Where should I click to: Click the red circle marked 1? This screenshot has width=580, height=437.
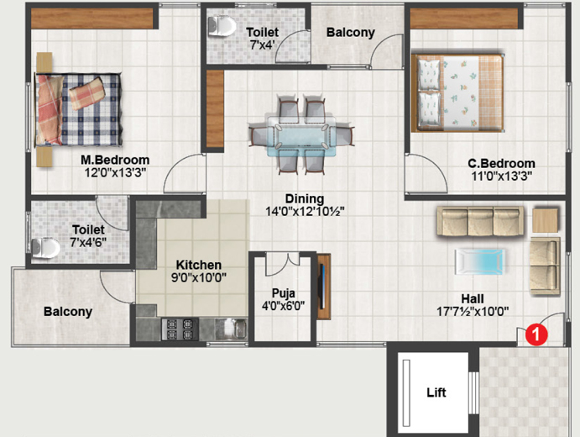pyautogui.click(x=536, y=334)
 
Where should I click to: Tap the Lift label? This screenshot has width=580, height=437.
pyautogui.click(x=436, y=392)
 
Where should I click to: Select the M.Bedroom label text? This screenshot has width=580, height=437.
pyautogui.click(x=115, y=160)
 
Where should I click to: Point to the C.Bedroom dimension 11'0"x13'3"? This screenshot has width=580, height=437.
pyautogui.click(x=502, y=176)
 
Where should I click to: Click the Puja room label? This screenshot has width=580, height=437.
pyautogui.click(x=284, y=293)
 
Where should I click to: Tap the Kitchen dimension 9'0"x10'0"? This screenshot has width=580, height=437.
pyautogui.click(x=199, y=277)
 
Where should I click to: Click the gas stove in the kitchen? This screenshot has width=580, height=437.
pyautogui.click(x=180, y=329)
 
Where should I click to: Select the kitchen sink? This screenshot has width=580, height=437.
pyautogui.click(x=236, y=329)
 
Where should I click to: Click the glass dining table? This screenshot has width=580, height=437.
pyautogui.click(x=301, y=136)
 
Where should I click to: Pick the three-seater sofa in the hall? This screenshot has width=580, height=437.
pyautogui.click(x=480, y=221)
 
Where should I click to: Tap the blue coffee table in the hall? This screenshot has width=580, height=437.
pyautogui.click(x=480, y=262)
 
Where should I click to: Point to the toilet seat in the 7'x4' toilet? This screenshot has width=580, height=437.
pyautogui.click(x=222, y=26)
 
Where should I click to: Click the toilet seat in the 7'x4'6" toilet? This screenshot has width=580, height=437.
pyautogui.click(x=45, y=248)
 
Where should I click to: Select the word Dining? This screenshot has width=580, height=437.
pyautogui.click(x=305, y=199)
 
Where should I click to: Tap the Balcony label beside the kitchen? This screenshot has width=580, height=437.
pyautogui.click(x=68, y=312)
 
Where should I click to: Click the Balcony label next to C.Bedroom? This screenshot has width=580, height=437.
pyautogui.click(x=351, y=33)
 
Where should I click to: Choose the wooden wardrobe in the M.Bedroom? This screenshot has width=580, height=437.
pyautogui.click(x=91, y=18)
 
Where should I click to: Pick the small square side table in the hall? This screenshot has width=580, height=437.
pyautogui.click(x=546, y=221)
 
